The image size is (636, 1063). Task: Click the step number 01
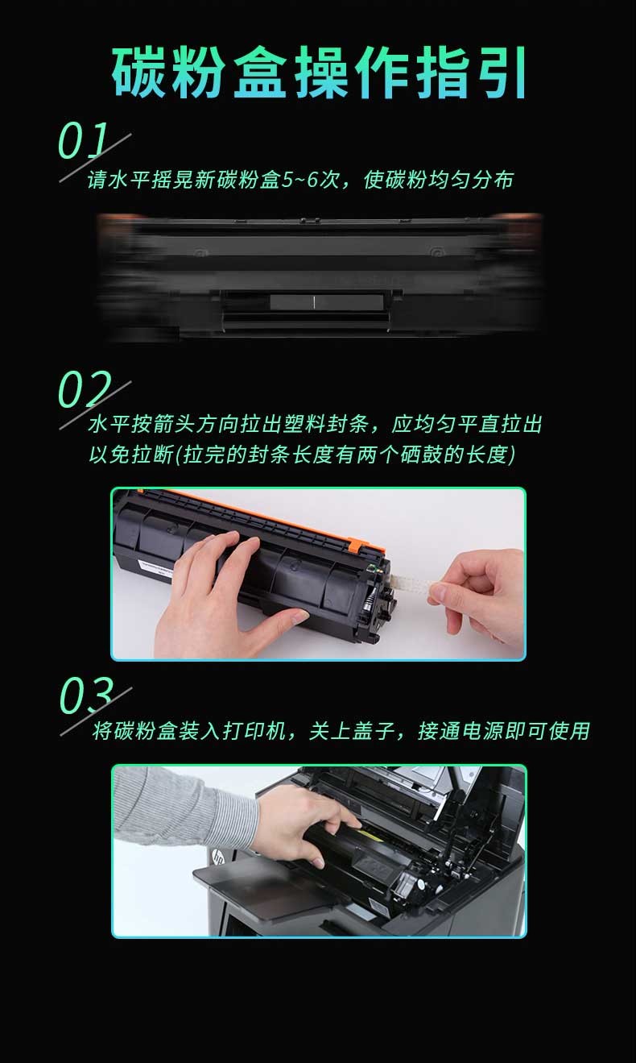83,141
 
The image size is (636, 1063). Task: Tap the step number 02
85,389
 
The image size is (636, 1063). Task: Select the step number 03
86,696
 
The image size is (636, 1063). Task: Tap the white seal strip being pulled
412,583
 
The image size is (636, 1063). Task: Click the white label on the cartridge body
155,567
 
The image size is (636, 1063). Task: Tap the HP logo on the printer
217,857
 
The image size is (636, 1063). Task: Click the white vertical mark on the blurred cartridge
314,302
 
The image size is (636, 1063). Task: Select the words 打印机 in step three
254,730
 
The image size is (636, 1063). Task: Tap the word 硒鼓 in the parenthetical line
421,455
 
